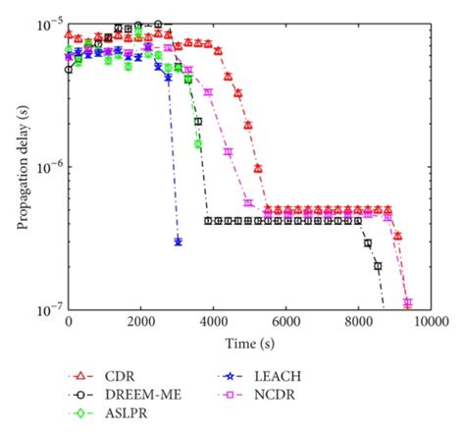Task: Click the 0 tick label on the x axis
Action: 68,322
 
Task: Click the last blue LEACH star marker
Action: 178,241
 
